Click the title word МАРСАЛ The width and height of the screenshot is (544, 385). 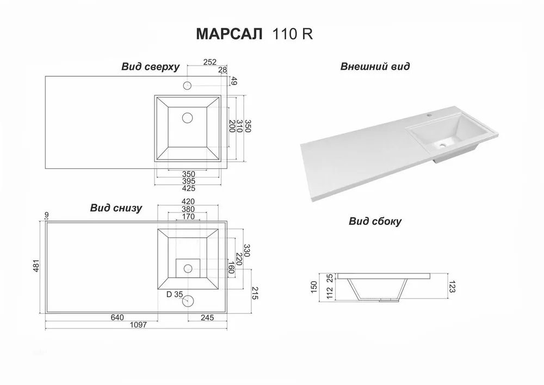click(x=230, y=34)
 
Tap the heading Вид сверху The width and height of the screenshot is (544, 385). click(x=150, y=66)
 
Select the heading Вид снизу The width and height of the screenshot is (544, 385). click(x=116, y=207)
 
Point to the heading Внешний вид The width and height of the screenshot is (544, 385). click(x=375, y=66)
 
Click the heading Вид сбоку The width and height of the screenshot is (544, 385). click(x=375, y=221)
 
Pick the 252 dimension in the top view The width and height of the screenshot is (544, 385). click(x=209, y=62)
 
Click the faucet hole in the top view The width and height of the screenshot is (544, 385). click(x=187, y=85)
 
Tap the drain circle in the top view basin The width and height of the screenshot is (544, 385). click(x=187, y=118)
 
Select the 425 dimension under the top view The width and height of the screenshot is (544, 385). click(x=188, y=188)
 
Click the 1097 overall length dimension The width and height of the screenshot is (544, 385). click(x=138, y=325)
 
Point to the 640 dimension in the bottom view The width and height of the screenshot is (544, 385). click(x=118, y=317)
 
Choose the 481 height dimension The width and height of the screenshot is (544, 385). click(x=36, y=266)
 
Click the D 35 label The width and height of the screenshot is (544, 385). click(x=175, y=295)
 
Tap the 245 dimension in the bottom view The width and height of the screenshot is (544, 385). click(x=207, y=317)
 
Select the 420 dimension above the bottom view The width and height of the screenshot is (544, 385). click(x=188, y=201)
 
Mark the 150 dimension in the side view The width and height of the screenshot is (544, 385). click(x=314, y=287)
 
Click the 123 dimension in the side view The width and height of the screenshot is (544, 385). click(x=452, y=287)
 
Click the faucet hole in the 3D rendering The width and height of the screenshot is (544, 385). click(x=430, y=113)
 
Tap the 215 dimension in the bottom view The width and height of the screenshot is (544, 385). click(x=255, y=294)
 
